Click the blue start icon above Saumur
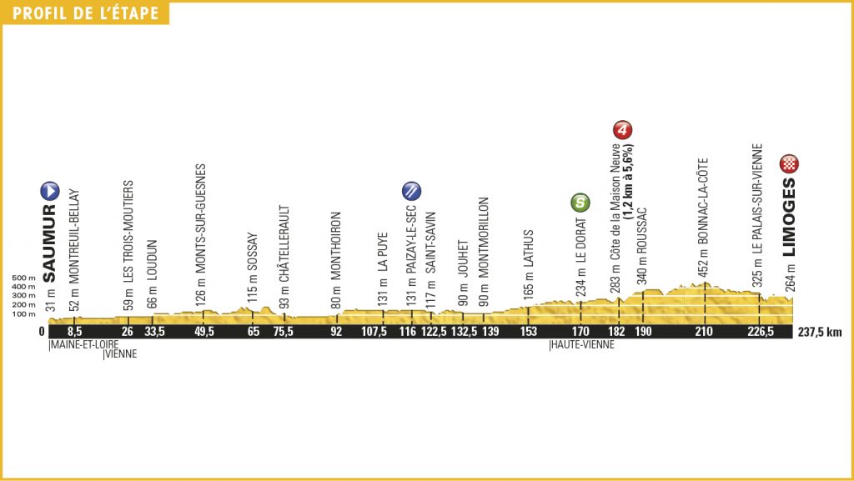point(49,190)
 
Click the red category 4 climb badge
point(620,129)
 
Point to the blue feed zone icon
point(410,189)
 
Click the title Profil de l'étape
point(84,13)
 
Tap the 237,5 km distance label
point(820,332)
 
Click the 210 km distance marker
point(705,332)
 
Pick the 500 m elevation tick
point(24,278)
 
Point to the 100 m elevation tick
point(24,314)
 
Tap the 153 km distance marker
point(527,332)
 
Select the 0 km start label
point(43,332)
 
